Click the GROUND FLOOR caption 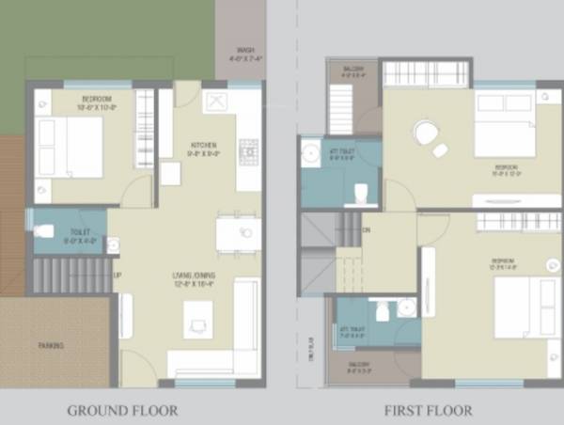tap(122, 411)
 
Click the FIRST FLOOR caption tap(428, 411)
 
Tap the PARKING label tap(52, 346)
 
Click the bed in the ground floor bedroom tap(70, 147)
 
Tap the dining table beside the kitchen tap(239, 233)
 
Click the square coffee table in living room tap(199, 325)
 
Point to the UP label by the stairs tap(117, 275)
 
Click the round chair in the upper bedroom tap(426, 133)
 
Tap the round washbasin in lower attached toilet tap(406, 307)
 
